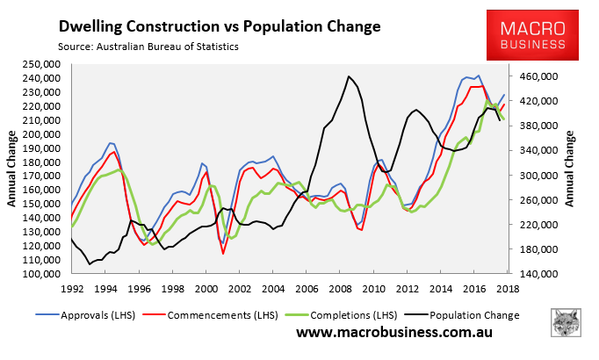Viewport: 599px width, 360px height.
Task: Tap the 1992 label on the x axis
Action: [73, 288]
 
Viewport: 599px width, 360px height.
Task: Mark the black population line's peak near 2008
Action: [349, 76]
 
